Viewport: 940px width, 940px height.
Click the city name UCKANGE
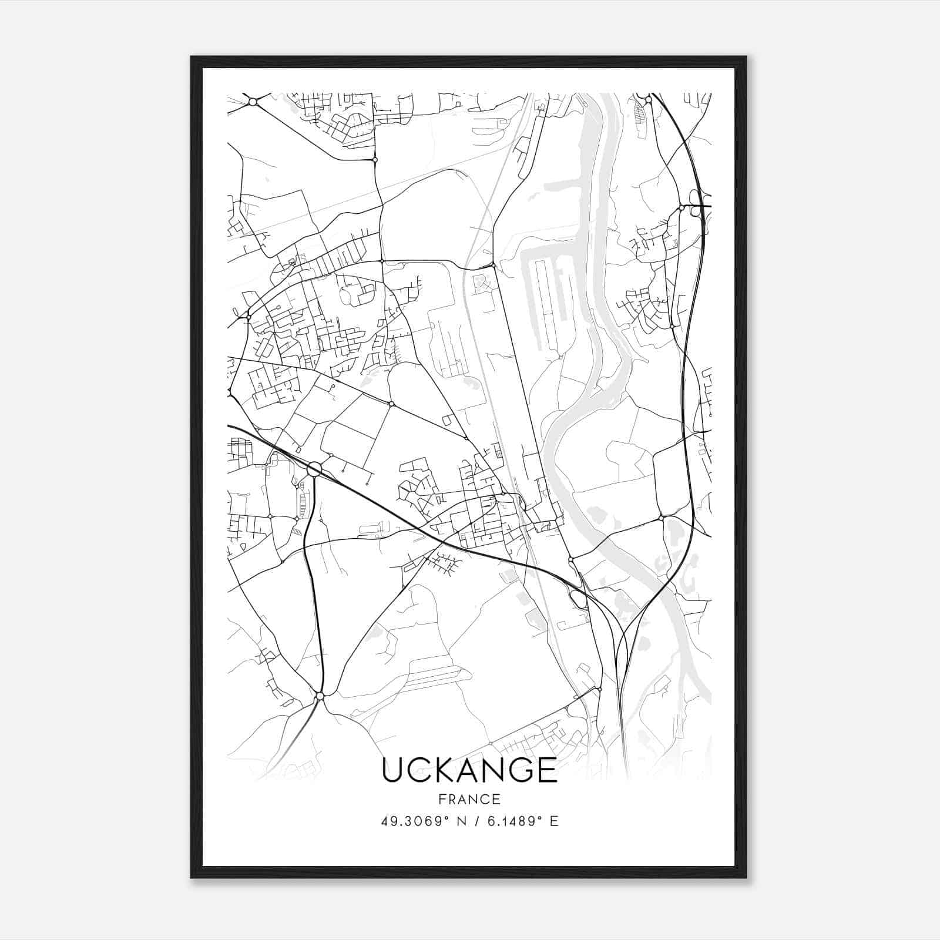click(469, 770)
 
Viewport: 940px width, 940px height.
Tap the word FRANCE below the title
click(469, 800)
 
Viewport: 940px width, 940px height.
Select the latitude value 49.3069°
click(418, 821)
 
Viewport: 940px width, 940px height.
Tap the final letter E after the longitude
click(553, 821)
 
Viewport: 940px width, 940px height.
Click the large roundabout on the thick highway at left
click(314, 469)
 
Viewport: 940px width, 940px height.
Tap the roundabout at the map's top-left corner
click(253, 102)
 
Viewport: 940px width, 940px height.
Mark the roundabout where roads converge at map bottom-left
click(320, 696)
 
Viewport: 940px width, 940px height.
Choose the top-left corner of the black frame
click(192, 57)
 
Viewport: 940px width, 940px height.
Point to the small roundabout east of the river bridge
click(661, 518)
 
